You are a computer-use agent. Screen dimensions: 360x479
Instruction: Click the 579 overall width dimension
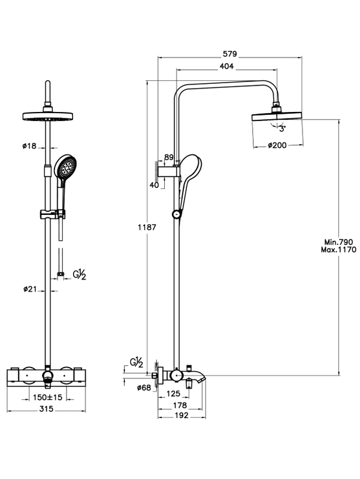pos(229,54)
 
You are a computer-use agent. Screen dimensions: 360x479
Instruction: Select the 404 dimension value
pos(226,66)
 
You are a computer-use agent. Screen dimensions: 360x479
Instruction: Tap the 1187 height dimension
pos(147,228)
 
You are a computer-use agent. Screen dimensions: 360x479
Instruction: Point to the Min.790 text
pos(338,242)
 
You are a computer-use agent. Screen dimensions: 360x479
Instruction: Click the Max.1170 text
pos(338,250)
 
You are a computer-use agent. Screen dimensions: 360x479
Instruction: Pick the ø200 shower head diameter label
pos(277,145)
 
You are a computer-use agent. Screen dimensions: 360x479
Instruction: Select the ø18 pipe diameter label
pos(29,146)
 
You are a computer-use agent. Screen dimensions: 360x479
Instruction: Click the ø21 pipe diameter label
pos(30,289)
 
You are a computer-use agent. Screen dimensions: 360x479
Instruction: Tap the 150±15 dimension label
pos(47,397)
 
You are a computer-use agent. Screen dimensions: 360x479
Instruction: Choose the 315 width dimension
pos(46,409)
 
